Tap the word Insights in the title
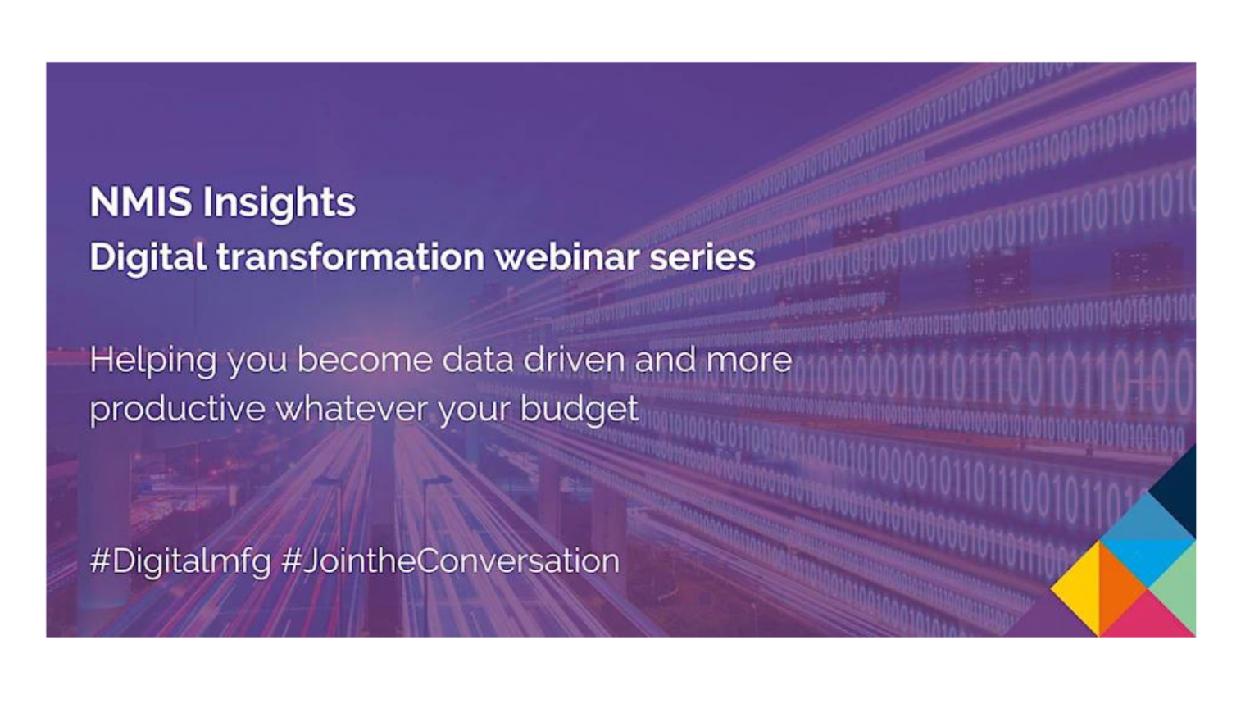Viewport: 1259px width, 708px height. tap(279, 203)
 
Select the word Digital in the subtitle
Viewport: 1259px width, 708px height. tap(148, 257)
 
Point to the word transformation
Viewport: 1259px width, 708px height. tap(351, 257)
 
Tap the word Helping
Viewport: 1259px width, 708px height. tap(152, 361)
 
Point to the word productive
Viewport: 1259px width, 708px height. tap(177, 409)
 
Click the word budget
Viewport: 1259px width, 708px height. tap(579, 409)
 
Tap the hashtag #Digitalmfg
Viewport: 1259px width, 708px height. tap(180, 562)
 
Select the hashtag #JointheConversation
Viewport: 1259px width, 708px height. tap(450, 561)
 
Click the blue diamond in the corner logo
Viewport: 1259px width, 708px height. tap(1148, 541)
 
